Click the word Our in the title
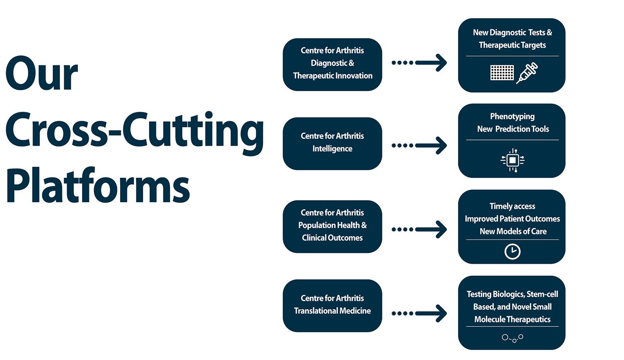(42, 74)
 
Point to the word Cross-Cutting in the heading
(134, 130)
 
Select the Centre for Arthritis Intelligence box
(332, 143)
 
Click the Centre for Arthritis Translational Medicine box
(332, 305)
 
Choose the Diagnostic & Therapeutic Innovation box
(332, 64)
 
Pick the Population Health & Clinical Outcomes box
(332, 226)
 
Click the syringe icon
(527, 73)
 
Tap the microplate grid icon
(502, 73)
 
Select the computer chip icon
(513, 160)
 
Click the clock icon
(512, 251)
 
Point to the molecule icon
(513, 338)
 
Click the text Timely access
(512, 206)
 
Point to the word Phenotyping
(512, 116)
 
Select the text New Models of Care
(513, 231)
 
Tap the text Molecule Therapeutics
(512, 319)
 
